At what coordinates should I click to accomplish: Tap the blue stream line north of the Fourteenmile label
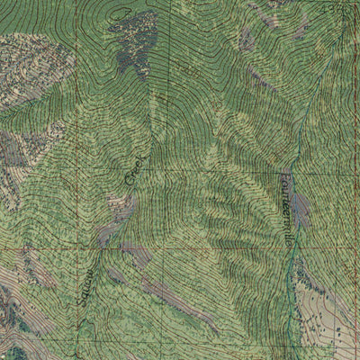295,135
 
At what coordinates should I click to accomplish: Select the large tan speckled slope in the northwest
31,67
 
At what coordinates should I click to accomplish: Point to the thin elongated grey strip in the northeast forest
261,81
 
